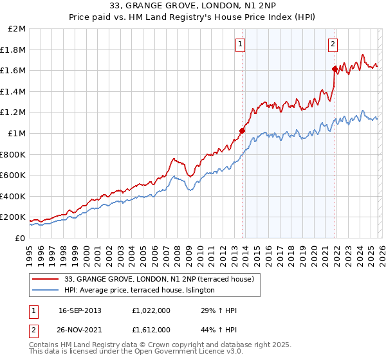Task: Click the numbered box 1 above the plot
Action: pyautogui.click(x=240, y=44)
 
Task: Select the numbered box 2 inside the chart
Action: pyautogui.click(x=333, y=44)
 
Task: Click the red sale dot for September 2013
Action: pyautogui.click(x=243, y=130)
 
